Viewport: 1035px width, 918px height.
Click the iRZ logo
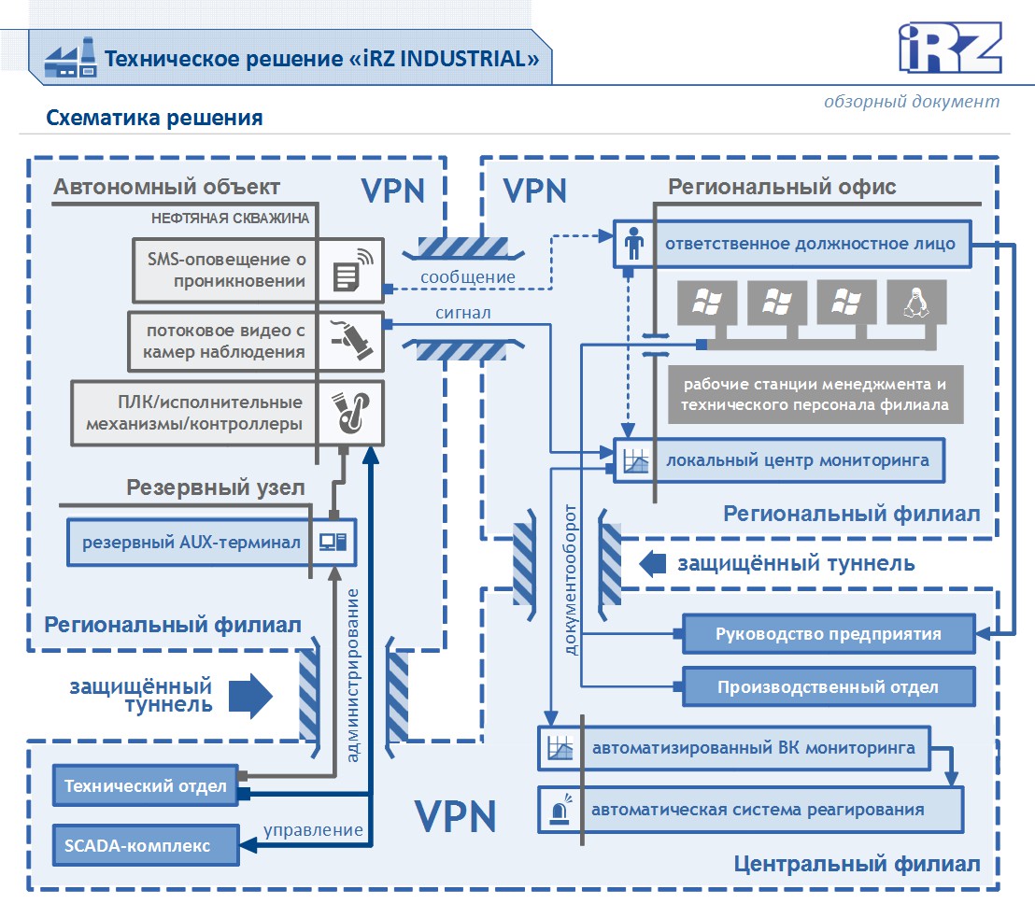coord(950,47)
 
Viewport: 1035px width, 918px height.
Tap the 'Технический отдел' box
coord(146,786)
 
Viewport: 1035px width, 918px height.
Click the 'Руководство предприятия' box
coord(829,634)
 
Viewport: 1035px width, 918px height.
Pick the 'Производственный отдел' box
coord(829,687)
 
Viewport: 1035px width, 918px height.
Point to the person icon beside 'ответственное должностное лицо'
coord(634,245)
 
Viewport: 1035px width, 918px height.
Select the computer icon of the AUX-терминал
coord(333,542)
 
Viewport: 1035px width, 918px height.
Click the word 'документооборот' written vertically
coord(572,579)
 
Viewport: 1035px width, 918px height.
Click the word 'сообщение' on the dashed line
coord(468,276)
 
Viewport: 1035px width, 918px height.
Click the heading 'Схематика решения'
coord(154,119)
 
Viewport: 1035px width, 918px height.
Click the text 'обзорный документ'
coord(912,101)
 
